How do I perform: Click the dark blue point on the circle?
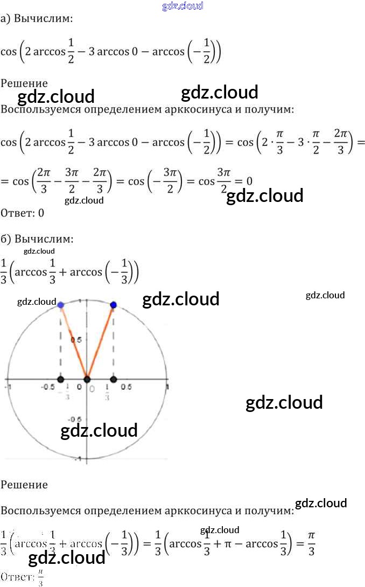click(113, 305)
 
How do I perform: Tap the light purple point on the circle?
click(60, 305)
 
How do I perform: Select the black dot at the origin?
click(87, 380)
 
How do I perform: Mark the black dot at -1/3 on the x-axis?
click(61, 380)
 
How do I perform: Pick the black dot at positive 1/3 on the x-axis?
click(113, 380)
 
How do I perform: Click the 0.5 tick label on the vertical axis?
click(76, 340)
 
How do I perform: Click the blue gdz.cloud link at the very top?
click(182, 6)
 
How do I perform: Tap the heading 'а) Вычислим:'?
click(37, 19)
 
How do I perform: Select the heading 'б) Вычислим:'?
click(37, 238)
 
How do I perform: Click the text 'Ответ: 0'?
click(22, 213)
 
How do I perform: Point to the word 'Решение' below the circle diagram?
click(24, 484)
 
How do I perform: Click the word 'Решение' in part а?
click(24, 83)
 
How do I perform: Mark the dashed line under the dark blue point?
click(113, 345)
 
